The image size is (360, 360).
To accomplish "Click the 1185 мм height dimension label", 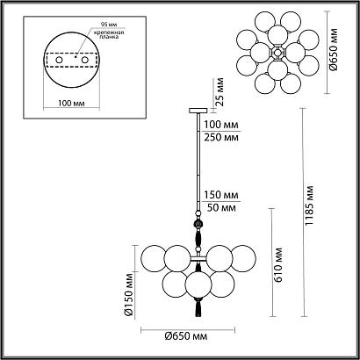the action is (310, 205).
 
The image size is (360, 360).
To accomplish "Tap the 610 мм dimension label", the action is (278, 265).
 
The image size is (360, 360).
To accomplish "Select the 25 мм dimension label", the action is (220, 91).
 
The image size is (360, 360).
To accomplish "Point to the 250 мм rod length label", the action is (221, 137).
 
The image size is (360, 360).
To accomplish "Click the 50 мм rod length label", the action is (221, 207).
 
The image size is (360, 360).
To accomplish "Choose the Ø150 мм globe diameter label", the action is (128, 294).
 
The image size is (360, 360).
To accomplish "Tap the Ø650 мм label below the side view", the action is (185, 336).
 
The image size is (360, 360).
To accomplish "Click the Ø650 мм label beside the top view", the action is (333, 49).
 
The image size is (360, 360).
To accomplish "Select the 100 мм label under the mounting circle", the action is (71, 103).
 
